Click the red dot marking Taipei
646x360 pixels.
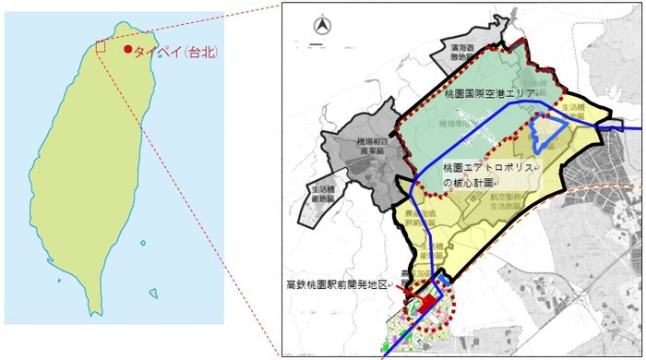click(127, 51)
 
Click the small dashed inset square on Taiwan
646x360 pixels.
click(101, 47)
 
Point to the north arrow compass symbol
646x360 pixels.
click(320, 26)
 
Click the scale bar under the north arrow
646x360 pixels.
click(319, 42)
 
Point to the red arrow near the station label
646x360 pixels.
click(411, 294)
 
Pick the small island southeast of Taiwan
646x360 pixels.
click(143, 243)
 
